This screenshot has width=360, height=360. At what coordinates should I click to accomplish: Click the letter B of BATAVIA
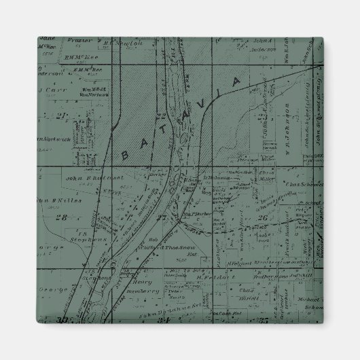pyautogui.click(x=125, y=155)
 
